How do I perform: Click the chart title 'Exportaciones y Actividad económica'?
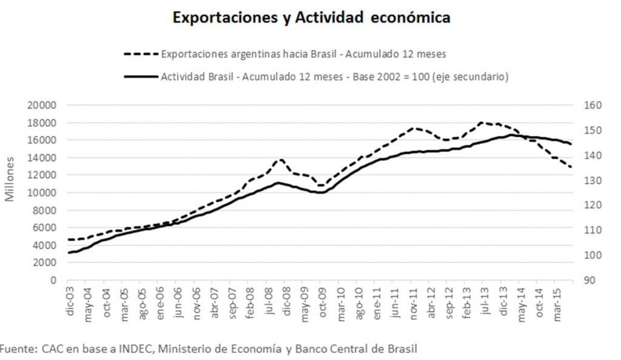[311, 18]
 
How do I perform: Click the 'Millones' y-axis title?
[10, 179]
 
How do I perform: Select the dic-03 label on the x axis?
[70, 298]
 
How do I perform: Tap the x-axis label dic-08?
[286, 298]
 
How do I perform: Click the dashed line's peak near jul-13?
[483, 122]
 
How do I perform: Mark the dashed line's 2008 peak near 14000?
[280, 160]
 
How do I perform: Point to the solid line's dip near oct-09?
[320, 193]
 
